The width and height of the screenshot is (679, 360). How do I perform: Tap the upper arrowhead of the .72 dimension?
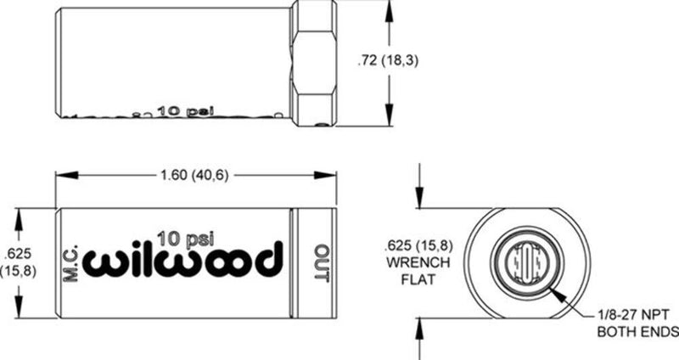(390, 7)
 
